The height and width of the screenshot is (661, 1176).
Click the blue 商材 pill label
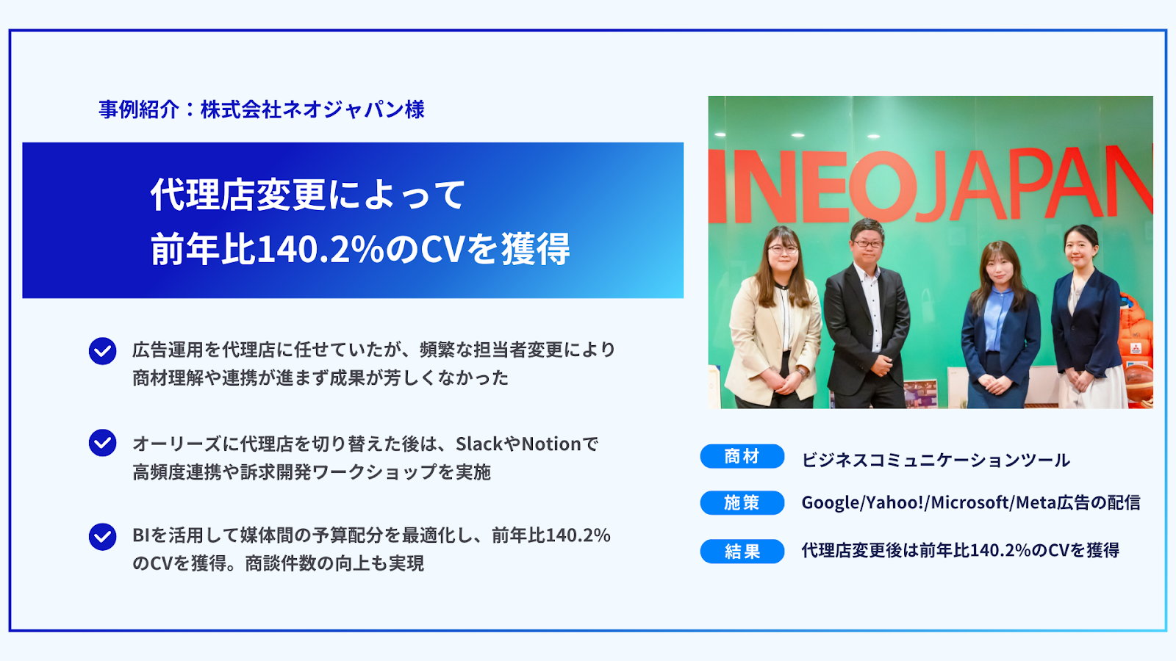pos(742,456)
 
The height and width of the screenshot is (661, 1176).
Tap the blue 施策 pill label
pos(742,502)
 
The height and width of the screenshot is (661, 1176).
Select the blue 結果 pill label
pos(742,551)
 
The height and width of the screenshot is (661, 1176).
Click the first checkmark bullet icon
pos(102,351)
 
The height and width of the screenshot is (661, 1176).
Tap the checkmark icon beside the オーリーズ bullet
pos(102,444)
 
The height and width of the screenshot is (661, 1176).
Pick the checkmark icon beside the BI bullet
pos(102,537)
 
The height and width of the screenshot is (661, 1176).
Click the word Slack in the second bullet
pos(479,444)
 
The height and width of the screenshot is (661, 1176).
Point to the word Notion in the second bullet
pos(551,444)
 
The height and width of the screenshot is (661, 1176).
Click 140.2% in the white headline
pos(320,250)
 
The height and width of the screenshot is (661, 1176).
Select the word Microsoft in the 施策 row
pos(969,502)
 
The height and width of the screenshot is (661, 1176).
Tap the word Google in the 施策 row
pos(830,503)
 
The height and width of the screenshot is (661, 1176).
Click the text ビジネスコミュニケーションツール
pos(936,460)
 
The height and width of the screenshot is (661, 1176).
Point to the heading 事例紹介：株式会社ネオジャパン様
pos(262,109)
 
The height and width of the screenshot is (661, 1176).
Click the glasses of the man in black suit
pos(868,243)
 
